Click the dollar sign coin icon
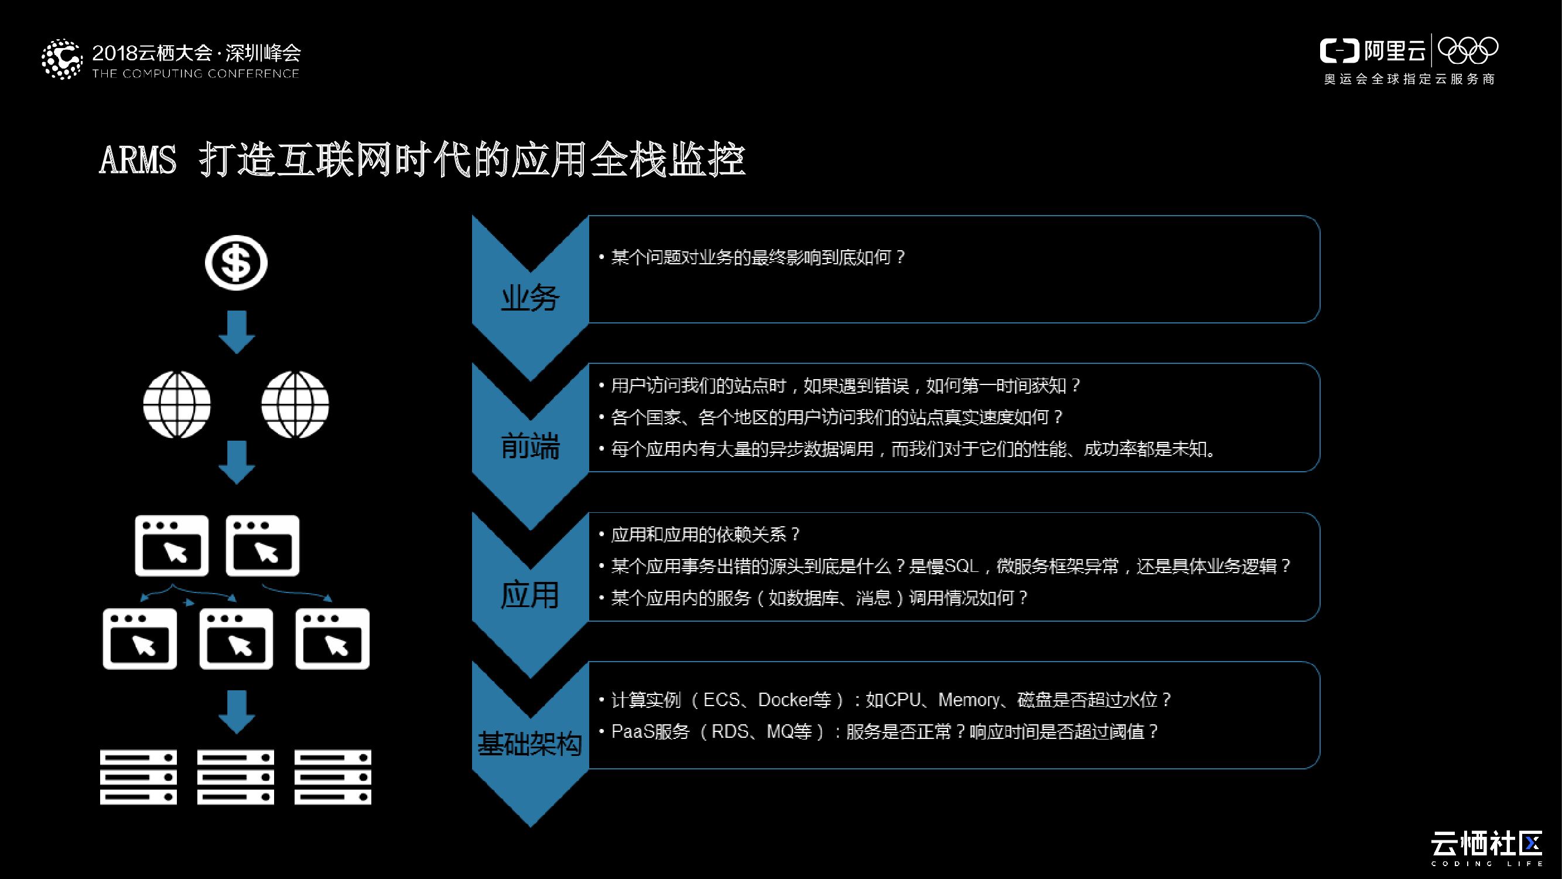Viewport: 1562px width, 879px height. pyautogui.click(x=236, y=263)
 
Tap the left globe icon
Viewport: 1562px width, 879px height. pyautogui.click(x=176, y=404)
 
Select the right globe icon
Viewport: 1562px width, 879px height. pyautogui.click(x=295, y=404)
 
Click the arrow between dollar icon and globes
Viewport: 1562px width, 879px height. pyautogui.click(x=237, y=332)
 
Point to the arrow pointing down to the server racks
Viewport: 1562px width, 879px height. pyautogui.click(x=237, y=711)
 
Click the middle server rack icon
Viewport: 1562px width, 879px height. pyautogui.click(x=235, y=777)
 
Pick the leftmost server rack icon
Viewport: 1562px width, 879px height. pyautogui.click(x=138, y=777)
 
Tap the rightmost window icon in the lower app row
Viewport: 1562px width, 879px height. pyautogui.click(x=332, y=639)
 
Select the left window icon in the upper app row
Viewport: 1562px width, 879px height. pyautogui.click(x=172, y=546)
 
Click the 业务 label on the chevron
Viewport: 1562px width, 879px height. pyautogui.click(x=530, y=298)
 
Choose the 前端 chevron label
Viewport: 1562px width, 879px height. pyautogui.click(x=530, y=447)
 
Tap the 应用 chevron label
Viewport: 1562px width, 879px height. pyautogui.click(x=530, y=595)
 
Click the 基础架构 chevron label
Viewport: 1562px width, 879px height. pyautogui.click(x=530, y=744)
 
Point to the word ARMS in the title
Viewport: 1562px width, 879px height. pyautogui.click(x=138, y=160)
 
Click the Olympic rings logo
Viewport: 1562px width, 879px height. pyautogui.click(x=1468, y=50)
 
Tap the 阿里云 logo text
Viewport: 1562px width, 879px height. pyautogui.click(x=1394, y=51)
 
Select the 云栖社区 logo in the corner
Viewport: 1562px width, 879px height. pyautogui.click(x=1486, y=844)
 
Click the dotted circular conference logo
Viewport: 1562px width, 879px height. pyautogui.click(x=61, y=59)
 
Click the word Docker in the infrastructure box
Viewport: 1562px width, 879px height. pyautogui.click(x=786, y=700)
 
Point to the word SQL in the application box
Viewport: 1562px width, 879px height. pyautogui.click(x=962, y=566)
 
